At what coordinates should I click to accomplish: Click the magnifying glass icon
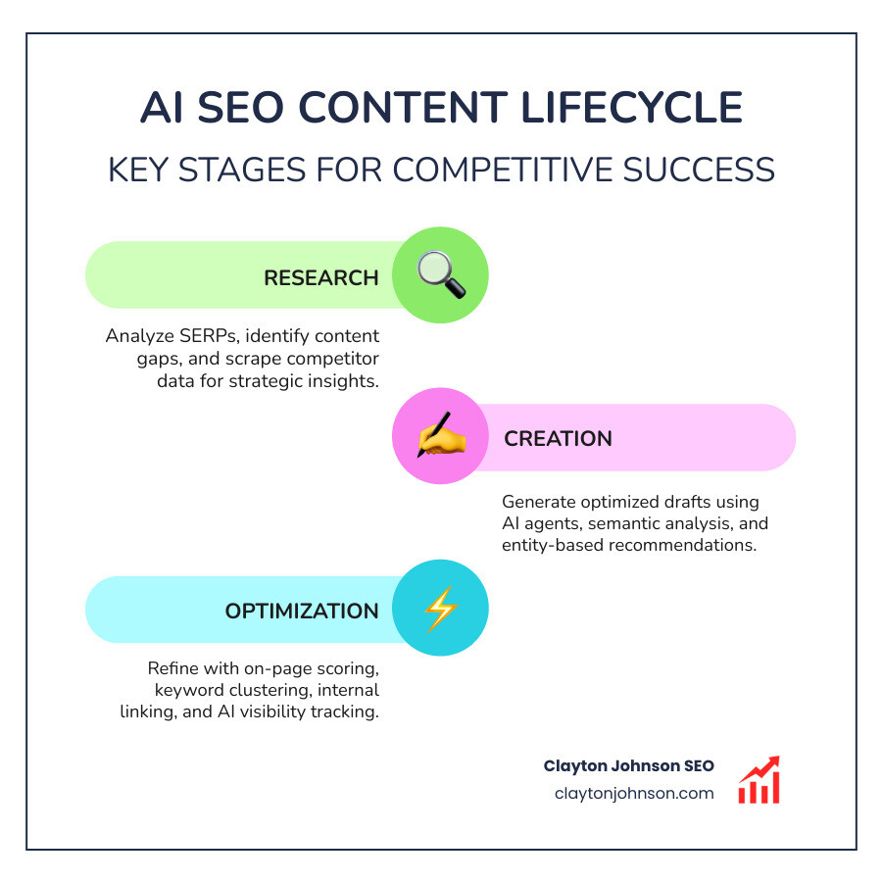(440, 275)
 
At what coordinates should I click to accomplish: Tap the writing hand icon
(440, 437)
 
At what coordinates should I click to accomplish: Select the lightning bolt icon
(440, 610)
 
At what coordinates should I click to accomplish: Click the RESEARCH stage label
(320, 277)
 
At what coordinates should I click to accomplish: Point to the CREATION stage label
(558, 438)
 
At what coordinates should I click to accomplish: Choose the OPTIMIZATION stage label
(301, 611)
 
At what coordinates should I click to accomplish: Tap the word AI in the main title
(164, 108)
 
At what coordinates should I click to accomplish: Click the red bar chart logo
(759, 780)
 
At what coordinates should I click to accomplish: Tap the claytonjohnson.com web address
(633, 794)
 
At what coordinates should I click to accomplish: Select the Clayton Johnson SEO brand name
(628, 766)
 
